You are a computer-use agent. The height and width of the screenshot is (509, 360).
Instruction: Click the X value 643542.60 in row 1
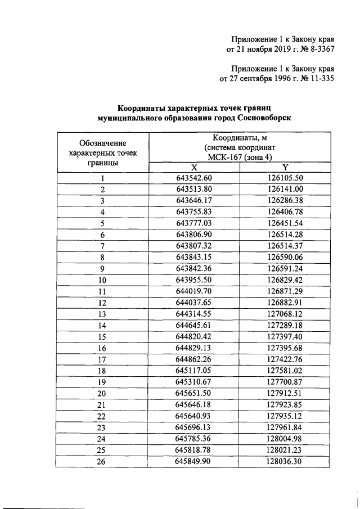(193, 178)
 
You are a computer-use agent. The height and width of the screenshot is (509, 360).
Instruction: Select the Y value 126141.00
(285, 190)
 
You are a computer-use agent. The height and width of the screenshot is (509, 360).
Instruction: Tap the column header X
(193, 168)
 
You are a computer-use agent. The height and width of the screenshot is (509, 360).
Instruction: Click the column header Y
(285, 168)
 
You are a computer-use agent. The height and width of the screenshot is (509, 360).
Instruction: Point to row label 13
(102, 313)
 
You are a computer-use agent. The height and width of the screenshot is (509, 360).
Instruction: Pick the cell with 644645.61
(193, 325)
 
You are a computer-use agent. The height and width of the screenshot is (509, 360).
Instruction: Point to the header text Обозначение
(102, 143)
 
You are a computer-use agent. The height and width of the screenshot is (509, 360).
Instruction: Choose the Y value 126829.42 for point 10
(285, 280)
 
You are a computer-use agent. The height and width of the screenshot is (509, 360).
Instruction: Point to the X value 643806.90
(193, 235)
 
